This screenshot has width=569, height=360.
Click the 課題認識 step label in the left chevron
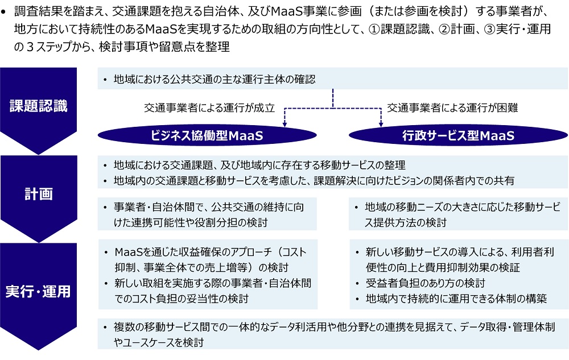tap(39, 106)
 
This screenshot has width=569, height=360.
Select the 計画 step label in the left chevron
tap(39, 194)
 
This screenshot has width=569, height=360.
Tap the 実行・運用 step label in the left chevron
tap(38, 292)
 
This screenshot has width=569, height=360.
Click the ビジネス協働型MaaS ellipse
tap(207, 135)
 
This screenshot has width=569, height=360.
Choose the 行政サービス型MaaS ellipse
tap(458, 135)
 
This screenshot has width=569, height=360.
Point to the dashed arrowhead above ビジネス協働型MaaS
tap(285, 124)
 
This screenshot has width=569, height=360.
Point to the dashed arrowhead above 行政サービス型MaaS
tap(381, 124)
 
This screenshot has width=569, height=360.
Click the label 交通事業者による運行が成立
tap(209, 107)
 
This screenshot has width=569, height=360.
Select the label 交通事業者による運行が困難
tap(452, 107)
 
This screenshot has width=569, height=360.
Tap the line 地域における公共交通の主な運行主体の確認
tap(215, 79)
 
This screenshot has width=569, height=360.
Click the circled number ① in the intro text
tap(374, 28)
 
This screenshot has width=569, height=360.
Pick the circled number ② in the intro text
tap(444, 28)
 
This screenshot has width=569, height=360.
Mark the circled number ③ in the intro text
tap(489, 28)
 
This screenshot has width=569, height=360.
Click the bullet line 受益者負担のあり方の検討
tap(425, 283)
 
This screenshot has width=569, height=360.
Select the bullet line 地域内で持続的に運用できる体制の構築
tap(456, 299)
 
